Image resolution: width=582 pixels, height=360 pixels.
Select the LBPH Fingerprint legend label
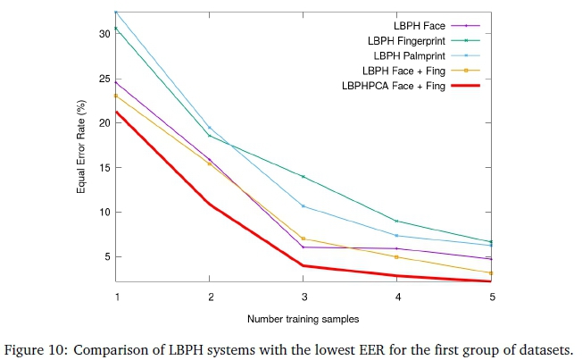coord(402,41)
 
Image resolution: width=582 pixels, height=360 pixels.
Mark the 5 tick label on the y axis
coord(105,257)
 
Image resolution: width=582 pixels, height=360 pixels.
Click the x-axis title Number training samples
coord(303,317)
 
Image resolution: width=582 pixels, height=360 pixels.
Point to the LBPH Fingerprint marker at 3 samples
coord(303,177)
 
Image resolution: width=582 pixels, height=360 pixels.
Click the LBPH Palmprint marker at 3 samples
coord(303,206)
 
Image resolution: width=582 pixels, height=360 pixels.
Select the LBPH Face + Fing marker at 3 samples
coord(303,239)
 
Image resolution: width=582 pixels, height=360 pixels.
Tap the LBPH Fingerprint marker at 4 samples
coord(397,221)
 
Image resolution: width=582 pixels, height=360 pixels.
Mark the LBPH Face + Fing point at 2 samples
coord(210,163)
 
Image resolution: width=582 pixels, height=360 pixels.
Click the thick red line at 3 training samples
coord(303,265)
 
